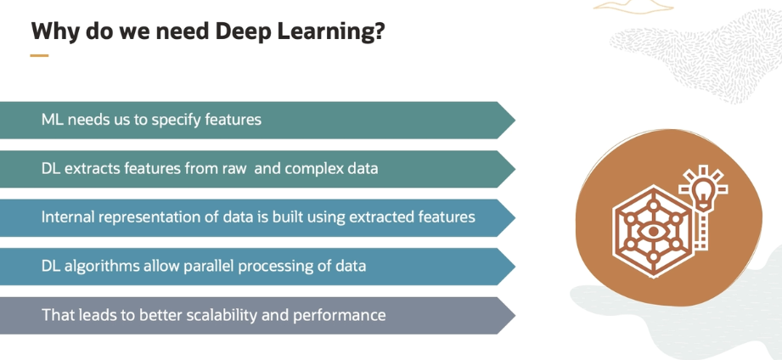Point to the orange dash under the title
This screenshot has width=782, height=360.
(39, 56)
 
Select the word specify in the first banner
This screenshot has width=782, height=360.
(177, 120)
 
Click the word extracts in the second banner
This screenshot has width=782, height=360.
(93, 168)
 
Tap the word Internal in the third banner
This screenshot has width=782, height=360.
(68, 217)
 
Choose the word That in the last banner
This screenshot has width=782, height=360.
(59, 315)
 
